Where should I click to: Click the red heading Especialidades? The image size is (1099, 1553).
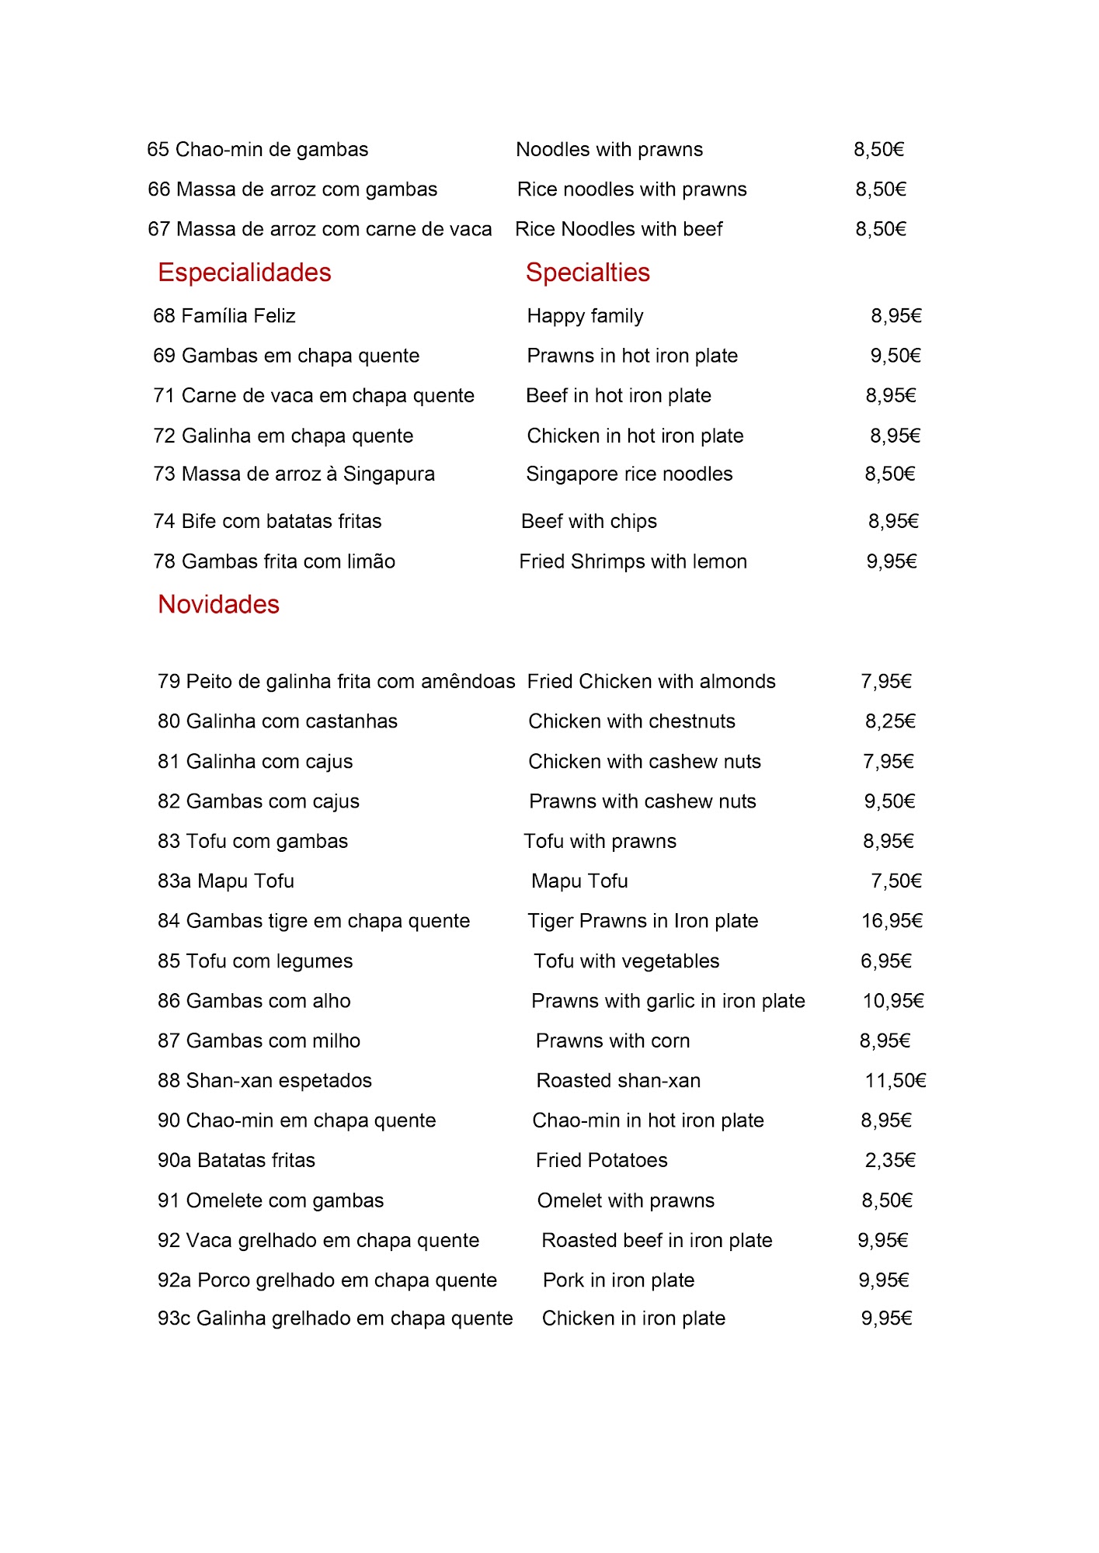click(244, 273)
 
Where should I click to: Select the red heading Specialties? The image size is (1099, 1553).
click(587, 273)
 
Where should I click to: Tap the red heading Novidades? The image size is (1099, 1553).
click(218, 604)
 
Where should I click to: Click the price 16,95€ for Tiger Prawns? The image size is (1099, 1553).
click(892, 921)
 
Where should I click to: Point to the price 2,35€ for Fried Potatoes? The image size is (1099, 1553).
click(890, 1160)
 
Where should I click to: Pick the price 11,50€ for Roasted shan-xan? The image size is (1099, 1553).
click(895, 1081)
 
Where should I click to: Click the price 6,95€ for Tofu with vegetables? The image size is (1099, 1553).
click(885, 961)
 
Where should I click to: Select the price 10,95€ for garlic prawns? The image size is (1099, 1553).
click(893, 1001)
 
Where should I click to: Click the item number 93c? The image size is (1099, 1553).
click(173, 1318)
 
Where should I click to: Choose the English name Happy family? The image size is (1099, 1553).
click(585, 316)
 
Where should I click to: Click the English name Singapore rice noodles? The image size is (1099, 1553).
click(629, 474)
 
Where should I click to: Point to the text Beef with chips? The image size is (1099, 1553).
click(589, 521)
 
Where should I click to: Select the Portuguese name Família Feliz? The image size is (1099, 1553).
click(238, 316)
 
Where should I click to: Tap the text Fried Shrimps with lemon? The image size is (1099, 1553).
click(633, 561)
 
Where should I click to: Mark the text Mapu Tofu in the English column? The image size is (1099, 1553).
click(579, 881)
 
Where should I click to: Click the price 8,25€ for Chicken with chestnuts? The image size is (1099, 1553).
click(890, 721)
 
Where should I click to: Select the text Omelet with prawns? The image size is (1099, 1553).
click(625, 1200)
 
